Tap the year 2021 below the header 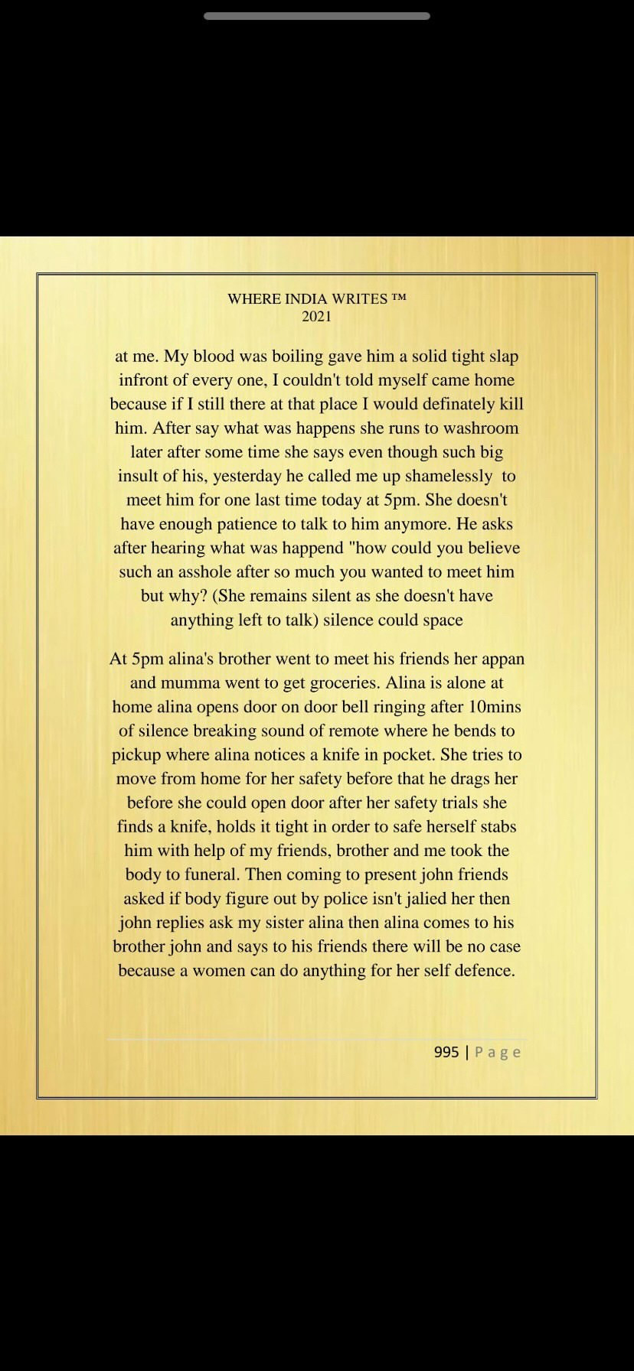coord(317,316)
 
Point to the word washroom coord(482,428)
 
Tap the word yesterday coord(247,476)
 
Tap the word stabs coord(498,826)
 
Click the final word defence coord(482,970)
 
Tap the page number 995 coord(446,1052)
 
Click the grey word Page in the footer coord(498,1052)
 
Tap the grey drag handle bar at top coord(317,16)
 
